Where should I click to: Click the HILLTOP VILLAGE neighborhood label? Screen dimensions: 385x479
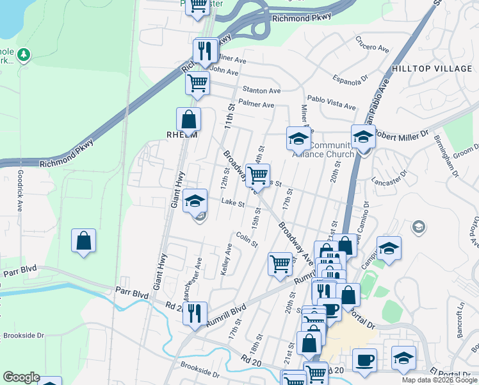point(432,69)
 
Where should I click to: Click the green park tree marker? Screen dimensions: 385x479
point(24,55)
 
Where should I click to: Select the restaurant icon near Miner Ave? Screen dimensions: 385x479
point(205,50)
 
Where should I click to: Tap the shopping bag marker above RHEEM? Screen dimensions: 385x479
point(188,119)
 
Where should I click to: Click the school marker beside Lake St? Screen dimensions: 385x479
point(195,201)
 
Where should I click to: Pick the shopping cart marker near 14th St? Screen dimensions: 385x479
point(257,175)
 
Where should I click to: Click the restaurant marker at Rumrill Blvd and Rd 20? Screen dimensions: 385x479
point(195,313)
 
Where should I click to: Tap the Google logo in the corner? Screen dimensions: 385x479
point(21,377)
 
